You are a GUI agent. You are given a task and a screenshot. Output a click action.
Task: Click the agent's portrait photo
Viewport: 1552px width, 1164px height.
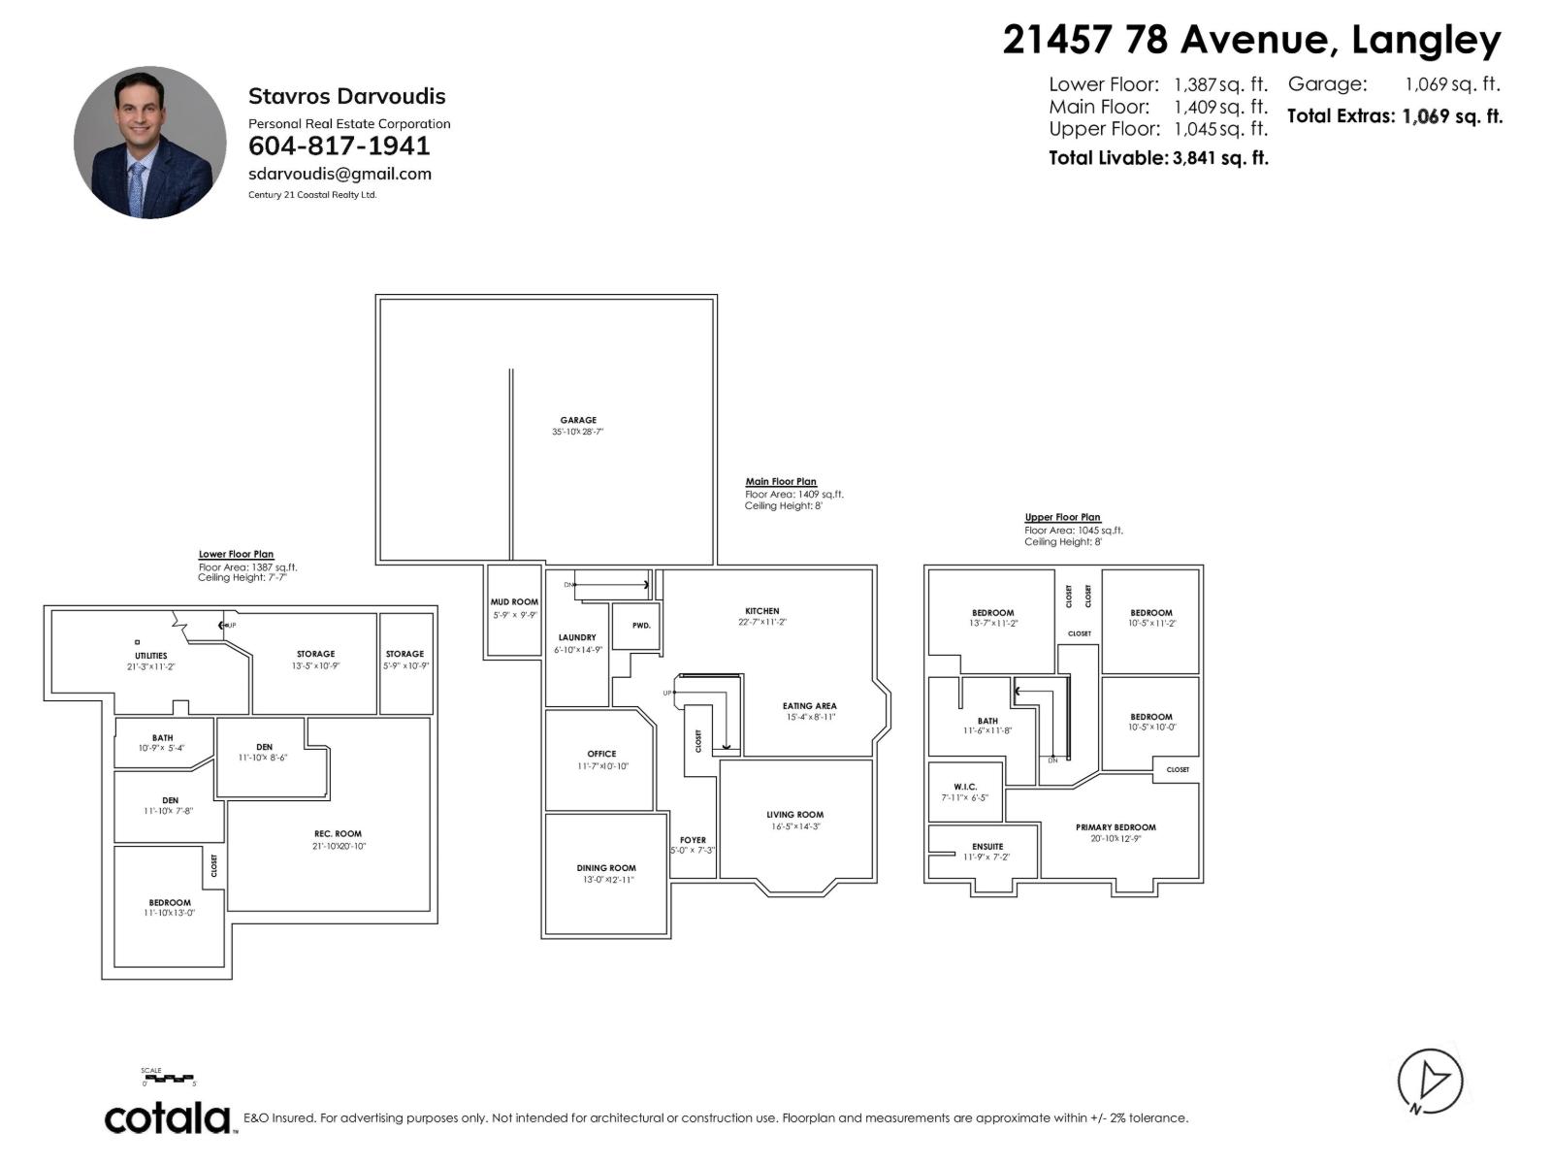coord(150,143)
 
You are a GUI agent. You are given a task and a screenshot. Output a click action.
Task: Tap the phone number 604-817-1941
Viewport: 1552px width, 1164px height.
coord(339,146)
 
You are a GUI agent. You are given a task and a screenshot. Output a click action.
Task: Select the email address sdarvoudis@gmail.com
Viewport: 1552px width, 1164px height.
coord(339,175)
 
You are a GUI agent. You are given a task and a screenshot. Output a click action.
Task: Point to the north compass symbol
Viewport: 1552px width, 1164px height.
coord(1430,1081)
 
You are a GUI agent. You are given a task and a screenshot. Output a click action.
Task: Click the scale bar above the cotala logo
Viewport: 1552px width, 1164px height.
coord(169,1079)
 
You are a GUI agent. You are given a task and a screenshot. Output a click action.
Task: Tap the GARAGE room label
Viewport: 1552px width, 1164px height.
coord(578,420)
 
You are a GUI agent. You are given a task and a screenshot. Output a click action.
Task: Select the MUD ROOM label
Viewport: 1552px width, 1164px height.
coord(514,602)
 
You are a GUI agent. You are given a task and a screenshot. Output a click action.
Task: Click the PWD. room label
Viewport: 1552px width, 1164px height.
coord(641,626)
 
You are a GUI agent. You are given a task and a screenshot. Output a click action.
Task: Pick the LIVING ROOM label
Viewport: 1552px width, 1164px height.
coord(794,815)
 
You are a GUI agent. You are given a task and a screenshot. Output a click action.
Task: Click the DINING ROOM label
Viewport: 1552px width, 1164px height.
coord(606,868)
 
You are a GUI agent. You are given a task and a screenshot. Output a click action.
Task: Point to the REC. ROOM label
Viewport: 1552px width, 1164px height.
coord(338,834)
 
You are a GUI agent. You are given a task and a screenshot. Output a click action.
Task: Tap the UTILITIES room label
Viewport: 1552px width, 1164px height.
coord(150,656)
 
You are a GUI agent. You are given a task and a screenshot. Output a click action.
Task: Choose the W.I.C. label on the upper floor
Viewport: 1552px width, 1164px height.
coord(964,787)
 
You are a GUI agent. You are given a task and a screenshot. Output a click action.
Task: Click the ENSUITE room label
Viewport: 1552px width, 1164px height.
coord(986,846)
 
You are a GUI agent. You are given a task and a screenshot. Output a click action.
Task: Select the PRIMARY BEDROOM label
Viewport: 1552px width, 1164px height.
coord(1115,827)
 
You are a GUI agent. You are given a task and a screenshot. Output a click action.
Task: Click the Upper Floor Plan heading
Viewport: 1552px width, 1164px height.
coord(1062,518)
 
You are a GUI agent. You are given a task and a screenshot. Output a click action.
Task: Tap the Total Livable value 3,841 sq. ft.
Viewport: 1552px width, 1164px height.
coord(1220,158)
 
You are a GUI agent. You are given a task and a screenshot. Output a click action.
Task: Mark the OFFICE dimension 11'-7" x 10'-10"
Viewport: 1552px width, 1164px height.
coord(601,766)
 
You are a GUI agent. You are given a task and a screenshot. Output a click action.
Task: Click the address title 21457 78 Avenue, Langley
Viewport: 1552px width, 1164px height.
coord(1251,41)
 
